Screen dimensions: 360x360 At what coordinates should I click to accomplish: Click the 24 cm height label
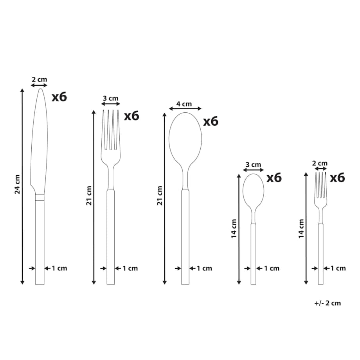pos(18,184)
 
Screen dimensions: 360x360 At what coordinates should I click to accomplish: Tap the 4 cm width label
pos(184,104)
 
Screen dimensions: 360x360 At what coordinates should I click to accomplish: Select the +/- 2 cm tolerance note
pos(328,303)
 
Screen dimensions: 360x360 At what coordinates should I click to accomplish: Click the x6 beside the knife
pos(59,97)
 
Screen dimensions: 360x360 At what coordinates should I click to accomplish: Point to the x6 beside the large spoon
pos(211,121)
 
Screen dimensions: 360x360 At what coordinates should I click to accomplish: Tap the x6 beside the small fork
pos(337,178)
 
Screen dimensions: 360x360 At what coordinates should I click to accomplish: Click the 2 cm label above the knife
pos(39,79)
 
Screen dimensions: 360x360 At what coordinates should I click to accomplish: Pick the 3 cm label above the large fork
pos(110,98)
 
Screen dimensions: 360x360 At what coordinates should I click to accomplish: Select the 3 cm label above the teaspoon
pos(253,165)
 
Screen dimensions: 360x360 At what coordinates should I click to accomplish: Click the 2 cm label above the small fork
pos(320,163)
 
